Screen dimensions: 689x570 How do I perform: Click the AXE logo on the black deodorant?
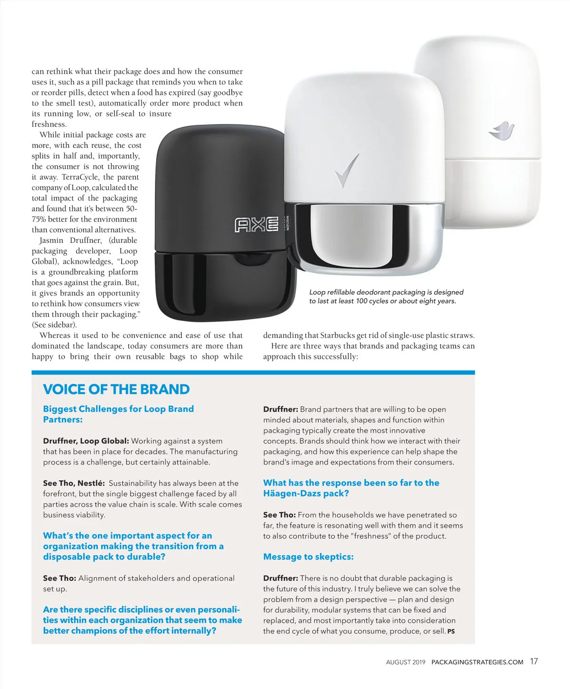point(257,225)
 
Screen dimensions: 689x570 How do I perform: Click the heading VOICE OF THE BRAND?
point(116,389)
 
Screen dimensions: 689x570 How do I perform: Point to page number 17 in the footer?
point(534,661)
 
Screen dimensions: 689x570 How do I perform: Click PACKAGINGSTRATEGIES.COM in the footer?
point(477,662)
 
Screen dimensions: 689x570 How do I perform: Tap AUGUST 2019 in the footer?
point(406,662)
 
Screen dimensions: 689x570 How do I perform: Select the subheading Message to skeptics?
point(308,557)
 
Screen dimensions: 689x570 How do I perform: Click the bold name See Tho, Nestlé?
point(74,483)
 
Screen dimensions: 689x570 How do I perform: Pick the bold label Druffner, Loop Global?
point(86,441)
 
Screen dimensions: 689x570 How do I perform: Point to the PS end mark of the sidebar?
point(451,632)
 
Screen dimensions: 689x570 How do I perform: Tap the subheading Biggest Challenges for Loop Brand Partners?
point(118,414)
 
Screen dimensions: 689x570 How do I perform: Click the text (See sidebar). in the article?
point(54,325)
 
